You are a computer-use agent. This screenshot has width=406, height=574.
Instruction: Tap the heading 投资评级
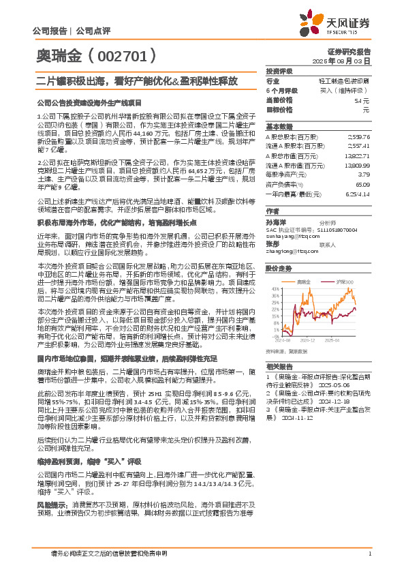[279, 71]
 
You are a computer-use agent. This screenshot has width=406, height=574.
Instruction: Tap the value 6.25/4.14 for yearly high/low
[358, 193]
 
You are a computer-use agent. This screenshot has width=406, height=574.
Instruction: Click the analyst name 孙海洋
[275, 222]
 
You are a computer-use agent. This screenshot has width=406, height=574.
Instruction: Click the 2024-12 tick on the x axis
[309, 339]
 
